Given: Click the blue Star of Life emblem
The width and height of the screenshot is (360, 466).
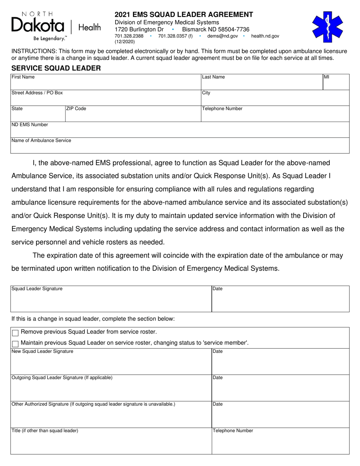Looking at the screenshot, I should point(327,27).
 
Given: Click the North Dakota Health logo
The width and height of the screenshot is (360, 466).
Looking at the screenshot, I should point(56,26).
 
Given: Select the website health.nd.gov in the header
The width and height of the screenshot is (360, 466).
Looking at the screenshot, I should point(265,36).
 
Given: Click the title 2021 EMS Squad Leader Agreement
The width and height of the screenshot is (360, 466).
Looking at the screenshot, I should point(184,15).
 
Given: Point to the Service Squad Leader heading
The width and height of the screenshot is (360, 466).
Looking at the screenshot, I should point(56,68).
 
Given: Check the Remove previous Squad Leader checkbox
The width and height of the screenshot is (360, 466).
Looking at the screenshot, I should point(16,333).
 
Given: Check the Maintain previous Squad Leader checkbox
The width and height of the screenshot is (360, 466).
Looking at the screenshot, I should point(16,344).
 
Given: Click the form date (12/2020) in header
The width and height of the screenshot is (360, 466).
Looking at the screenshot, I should point(125,42).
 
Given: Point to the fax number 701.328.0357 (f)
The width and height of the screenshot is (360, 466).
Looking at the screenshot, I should point(175,36).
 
